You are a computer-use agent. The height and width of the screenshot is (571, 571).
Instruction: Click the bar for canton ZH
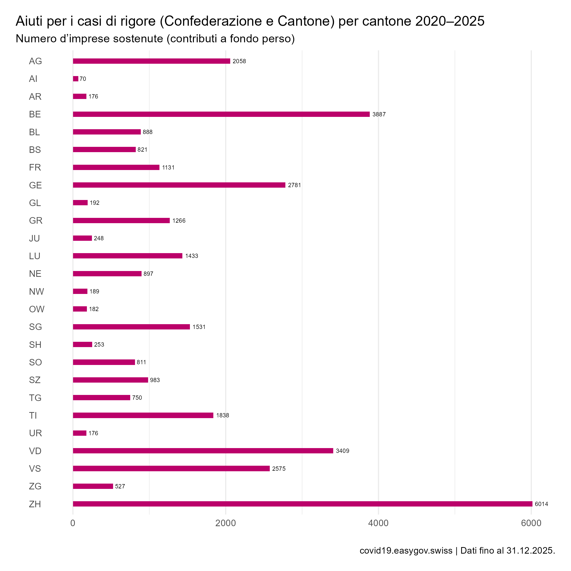pos(302,504)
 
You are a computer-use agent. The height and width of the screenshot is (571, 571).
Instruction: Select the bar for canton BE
pos(221,114)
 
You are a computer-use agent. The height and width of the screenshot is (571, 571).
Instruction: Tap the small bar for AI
pos(76,79)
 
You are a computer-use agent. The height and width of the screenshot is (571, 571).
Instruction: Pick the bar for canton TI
pos(143,415)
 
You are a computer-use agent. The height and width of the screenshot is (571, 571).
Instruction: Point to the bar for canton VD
pos(203,451)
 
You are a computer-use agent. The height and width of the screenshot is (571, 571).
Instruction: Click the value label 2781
pos(294,185)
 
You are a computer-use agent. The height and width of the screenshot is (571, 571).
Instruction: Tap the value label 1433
pos(191,256)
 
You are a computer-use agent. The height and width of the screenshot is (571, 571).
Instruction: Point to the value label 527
pos(120,486)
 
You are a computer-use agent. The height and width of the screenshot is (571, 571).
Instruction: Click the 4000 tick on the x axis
pos(379,523)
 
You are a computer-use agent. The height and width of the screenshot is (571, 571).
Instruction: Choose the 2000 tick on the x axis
pos(225,523)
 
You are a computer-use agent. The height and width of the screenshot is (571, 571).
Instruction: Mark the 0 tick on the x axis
pos(73,523)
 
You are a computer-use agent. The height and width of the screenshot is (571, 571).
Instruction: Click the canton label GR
pos(36,220)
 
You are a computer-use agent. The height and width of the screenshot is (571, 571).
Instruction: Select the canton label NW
pos(36,291)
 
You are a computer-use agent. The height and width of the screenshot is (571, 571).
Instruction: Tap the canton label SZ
pos(35,380)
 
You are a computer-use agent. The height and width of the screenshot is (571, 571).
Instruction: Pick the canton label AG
pos(36,61)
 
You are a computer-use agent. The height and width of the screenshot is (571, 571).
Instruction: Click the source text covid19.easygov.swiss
pos(406,551)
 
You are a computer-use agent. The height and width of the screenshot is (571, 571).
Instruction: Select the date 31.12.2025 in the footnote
pos(530,551)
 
